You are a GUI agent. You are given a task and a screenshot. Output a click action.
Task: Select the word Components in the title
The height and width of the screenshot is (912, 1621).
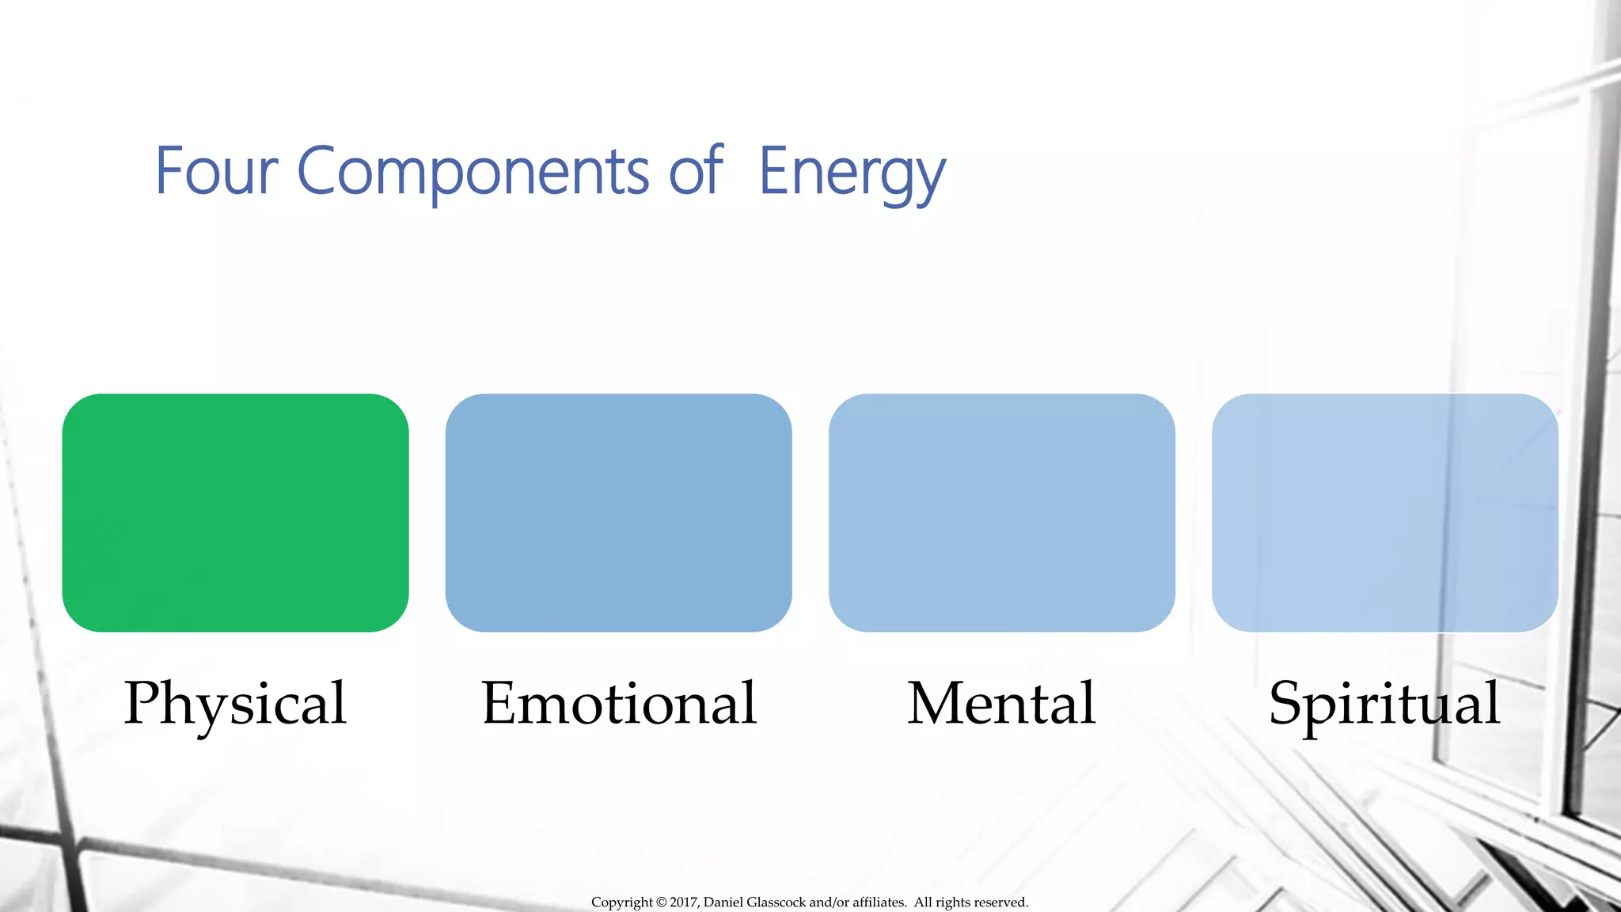pos(473,172)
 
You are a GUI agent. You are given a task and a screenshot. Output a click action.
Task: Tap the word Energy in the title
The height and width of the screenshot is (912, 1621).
pos(852,173)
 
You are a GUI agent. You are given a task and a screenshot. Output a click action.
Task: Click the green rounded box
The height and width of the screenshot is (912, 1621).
pos(235,512)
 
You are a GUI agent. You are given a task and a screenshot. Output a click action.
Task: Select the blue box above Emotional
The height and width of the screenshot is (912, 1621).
pos(618,512)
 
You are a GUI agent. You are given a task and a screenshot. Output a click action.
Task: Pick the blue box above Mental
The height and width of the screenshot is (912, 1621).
pos(1001,512)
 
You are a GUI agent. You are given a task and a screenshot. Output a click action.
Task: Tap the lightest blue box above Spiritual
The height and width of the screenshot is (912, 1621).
pos(1384,512)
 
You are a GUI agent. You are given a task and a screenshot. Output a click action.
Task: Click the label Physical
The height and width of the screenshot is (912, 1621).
pos(235,704)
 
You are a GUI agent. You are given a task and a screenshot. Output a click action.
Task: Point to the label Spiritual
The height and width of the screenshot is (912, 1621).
pos(1384,704)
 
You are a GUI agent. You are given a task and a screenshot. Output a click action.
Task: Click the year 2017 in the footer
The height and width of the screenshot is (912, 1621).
pos(684,902)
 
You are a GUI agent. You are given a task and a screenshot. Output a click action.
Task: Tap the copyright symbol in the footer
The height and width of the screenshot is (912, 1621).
pos(661,902)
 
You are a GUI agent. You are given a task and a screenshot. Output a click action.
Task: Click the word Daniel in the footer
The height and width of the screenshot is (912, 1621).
pos(723,902)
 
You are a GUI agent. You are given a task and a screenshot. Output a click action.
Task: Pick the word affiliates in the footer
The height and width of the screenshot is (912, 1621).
pos(879,902)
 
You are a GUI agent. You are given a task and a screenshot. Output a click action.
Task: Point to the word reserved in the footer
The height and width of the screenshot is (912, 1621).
pos(1000,902)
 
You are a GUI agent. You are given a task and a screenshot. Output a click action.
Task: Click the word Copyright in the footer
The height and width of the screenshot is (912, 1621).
pos(622,902)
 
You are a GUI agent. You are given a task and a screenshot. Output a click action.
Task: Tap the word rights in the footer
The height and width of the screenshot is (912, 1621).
pos(952,902)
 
